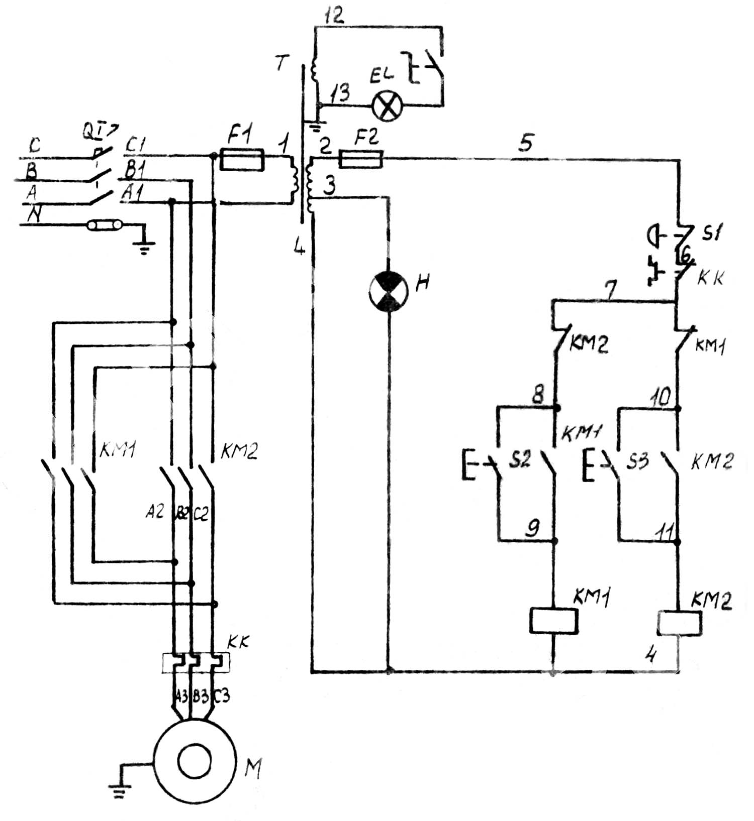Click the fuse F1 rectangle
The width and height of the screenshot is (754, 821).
[243, 160]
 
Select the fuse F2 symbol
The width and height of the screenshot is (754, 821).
[361, 159]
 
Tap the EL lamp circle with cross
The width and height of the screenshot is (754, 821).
[387, 106]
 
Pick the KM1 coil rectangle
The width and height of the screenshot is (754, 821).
[553, 621]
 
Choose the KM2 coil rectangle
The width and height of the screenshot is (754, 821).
[680, 623]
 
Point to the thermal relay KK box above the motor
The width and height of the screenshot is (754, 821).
[195, 663]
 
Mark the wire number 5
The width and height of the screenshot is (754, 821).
[526, 144]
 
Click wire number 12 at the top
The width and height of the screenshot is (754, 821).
[334, 16]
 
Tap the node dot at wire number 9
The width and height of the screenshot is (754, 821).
[555, 541]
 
